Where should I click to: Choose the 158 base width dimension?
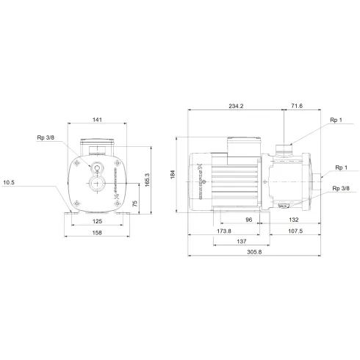97,232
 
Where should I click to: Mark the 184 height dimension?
173,174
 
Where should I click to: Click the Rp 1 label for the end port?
340,168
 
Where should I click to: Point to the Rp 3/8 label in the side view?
340,190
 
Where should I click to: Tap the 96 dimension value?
248,220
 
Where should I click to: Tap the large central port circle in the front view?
97,181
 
